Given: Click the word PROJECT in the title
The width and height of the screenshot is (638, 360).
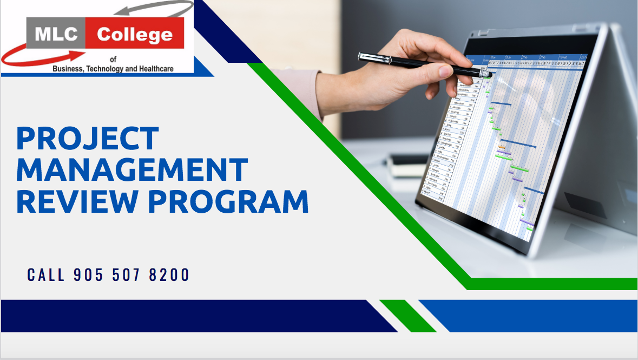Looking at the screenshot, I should click(x=88, y=139).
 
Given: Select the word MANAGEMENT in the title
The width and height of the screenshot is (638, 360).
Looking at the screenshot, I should click(x=132, y=169).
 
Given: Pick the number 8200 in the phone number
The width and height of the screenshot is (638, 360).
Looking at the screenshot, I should click(x=170, y=275).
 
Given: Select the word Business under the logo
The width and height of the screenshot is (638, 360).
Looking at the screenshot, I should click(x=66, y=69).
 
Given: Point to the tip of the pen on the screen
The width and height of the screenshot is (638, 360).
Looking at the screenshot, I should click(x=489, y=74).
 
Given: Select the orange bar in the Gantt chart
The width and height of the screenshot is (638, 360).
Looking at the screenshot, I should click(x=502, y=147).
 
